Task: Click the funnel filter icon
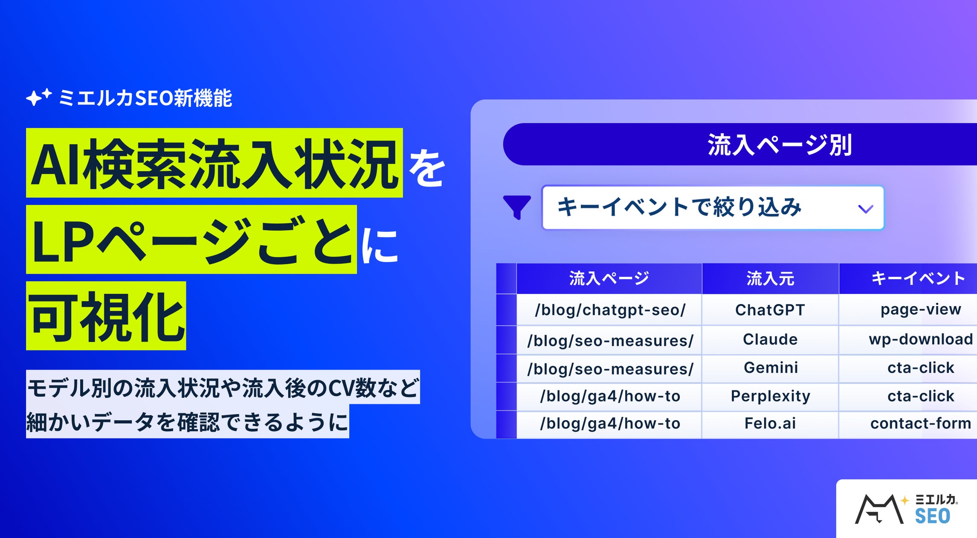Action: (x=517, y=207)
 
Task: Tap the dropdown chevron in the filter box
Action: (x=865, y=209)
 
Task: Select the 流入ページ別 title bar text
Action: (x=780, y=145)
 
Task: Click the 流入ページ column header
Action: (x=609, y=278)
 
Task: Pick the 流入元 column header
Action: (x=770, y=278)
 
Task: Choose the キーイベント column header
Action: (x=918, y=278)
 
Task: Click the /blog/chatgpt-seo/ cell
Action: (x=610, y=310)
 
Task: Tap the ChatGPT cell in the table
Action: (x=770, y=310)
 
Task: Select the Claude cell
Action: (x=770, y=339)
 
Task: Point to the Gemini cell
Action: (x=771, y=368)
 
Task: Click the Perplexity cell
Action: (x=770, y=396)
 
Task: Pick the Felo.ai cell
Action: (x=770, y=424)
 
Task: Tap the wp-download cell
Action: (x=921, y=339)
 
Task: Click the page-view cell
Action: (x=921, y=310)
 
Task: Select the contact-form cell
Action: (x=921, y=424)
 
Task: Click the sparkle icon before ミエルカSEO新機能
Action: (x=38, y=97)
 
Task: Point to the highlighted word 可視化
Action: (x=106, y=316)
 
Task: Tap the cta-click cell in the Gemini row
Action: (x=921, y=368)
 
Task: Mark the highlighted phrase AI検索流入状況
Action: (x=214, y=164)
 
